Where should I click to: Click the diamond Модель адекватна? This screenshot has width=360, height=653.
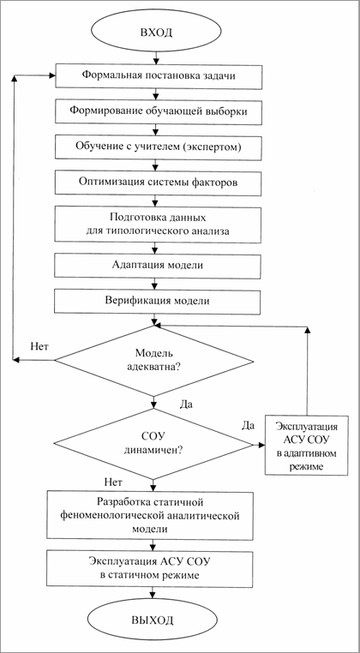155,360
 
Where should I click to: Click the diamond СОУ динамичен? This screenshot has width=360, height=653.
155,443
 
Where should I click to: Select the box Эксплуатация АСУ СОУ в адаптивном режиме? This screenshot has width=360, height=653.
305,443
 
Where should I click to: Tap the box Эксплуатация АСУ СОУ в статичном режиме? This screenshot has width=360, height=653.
155,567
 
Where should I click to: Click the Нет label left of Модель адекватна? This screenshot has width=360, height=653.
39,347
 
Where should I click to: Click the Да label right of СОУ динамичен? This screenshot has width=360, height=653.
249,425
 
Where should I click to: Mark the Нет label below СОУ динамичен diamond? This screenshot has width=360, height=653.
112,482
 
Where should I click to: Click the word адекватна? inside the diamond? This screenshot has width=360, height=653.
156,368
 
